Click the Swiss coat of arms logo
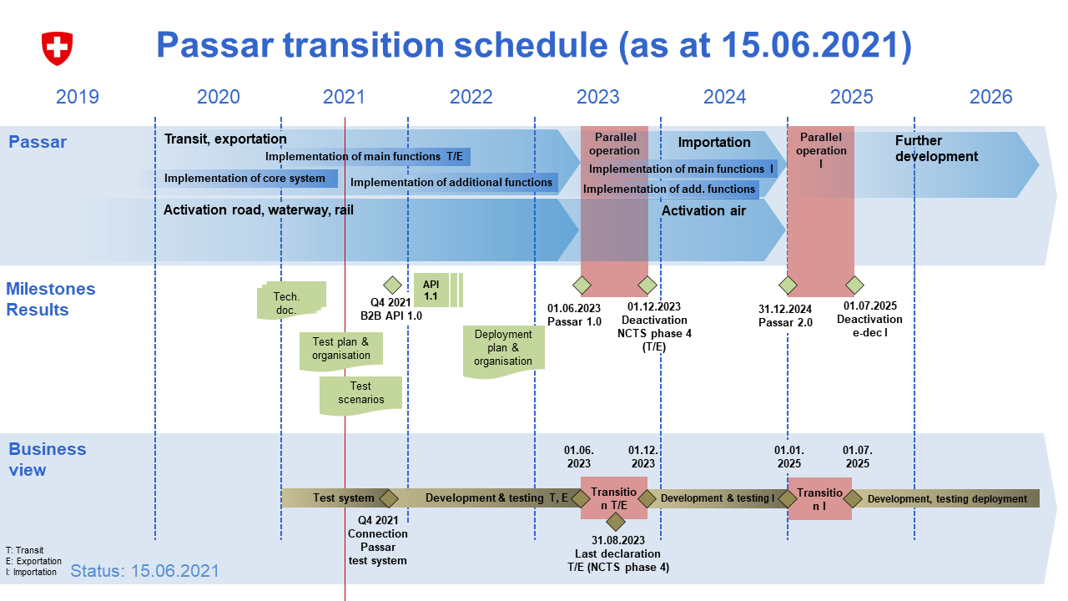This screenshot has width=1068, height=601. pos(58,48)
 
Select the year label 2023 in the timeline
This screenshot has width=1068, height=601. pos(598,97)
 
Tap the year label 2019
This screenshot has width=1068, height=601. pos(78,97)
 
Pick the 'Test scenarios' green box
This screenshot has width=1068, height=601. pos(360,394)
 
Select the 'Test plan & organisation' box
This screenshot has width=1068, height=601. pos(341,349)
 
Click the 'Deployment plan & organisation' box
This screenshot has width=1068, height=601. pos(503,349)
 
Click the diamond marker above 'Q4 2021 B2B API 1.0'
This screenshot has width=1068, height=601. pos(391,285)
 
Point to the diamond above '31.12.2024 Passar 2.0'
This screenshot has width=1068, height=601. pos(787,285)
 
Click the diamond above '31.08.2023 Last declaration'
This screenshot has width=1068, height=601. pos(616,523)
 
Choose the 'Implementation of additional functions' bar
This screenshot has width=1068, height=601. pos(451,183)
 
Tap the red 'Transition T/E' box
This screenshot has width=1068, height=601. pos(613,497)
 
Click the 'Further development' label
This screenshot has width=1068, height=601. pos(936,149)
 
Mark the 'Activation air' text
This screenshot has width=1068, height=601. pos(703,211)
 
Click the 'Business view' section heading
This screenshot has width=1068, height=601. pos(48,459)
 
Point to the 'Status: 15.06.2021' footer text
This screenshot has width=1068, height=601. pos(144,571)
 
